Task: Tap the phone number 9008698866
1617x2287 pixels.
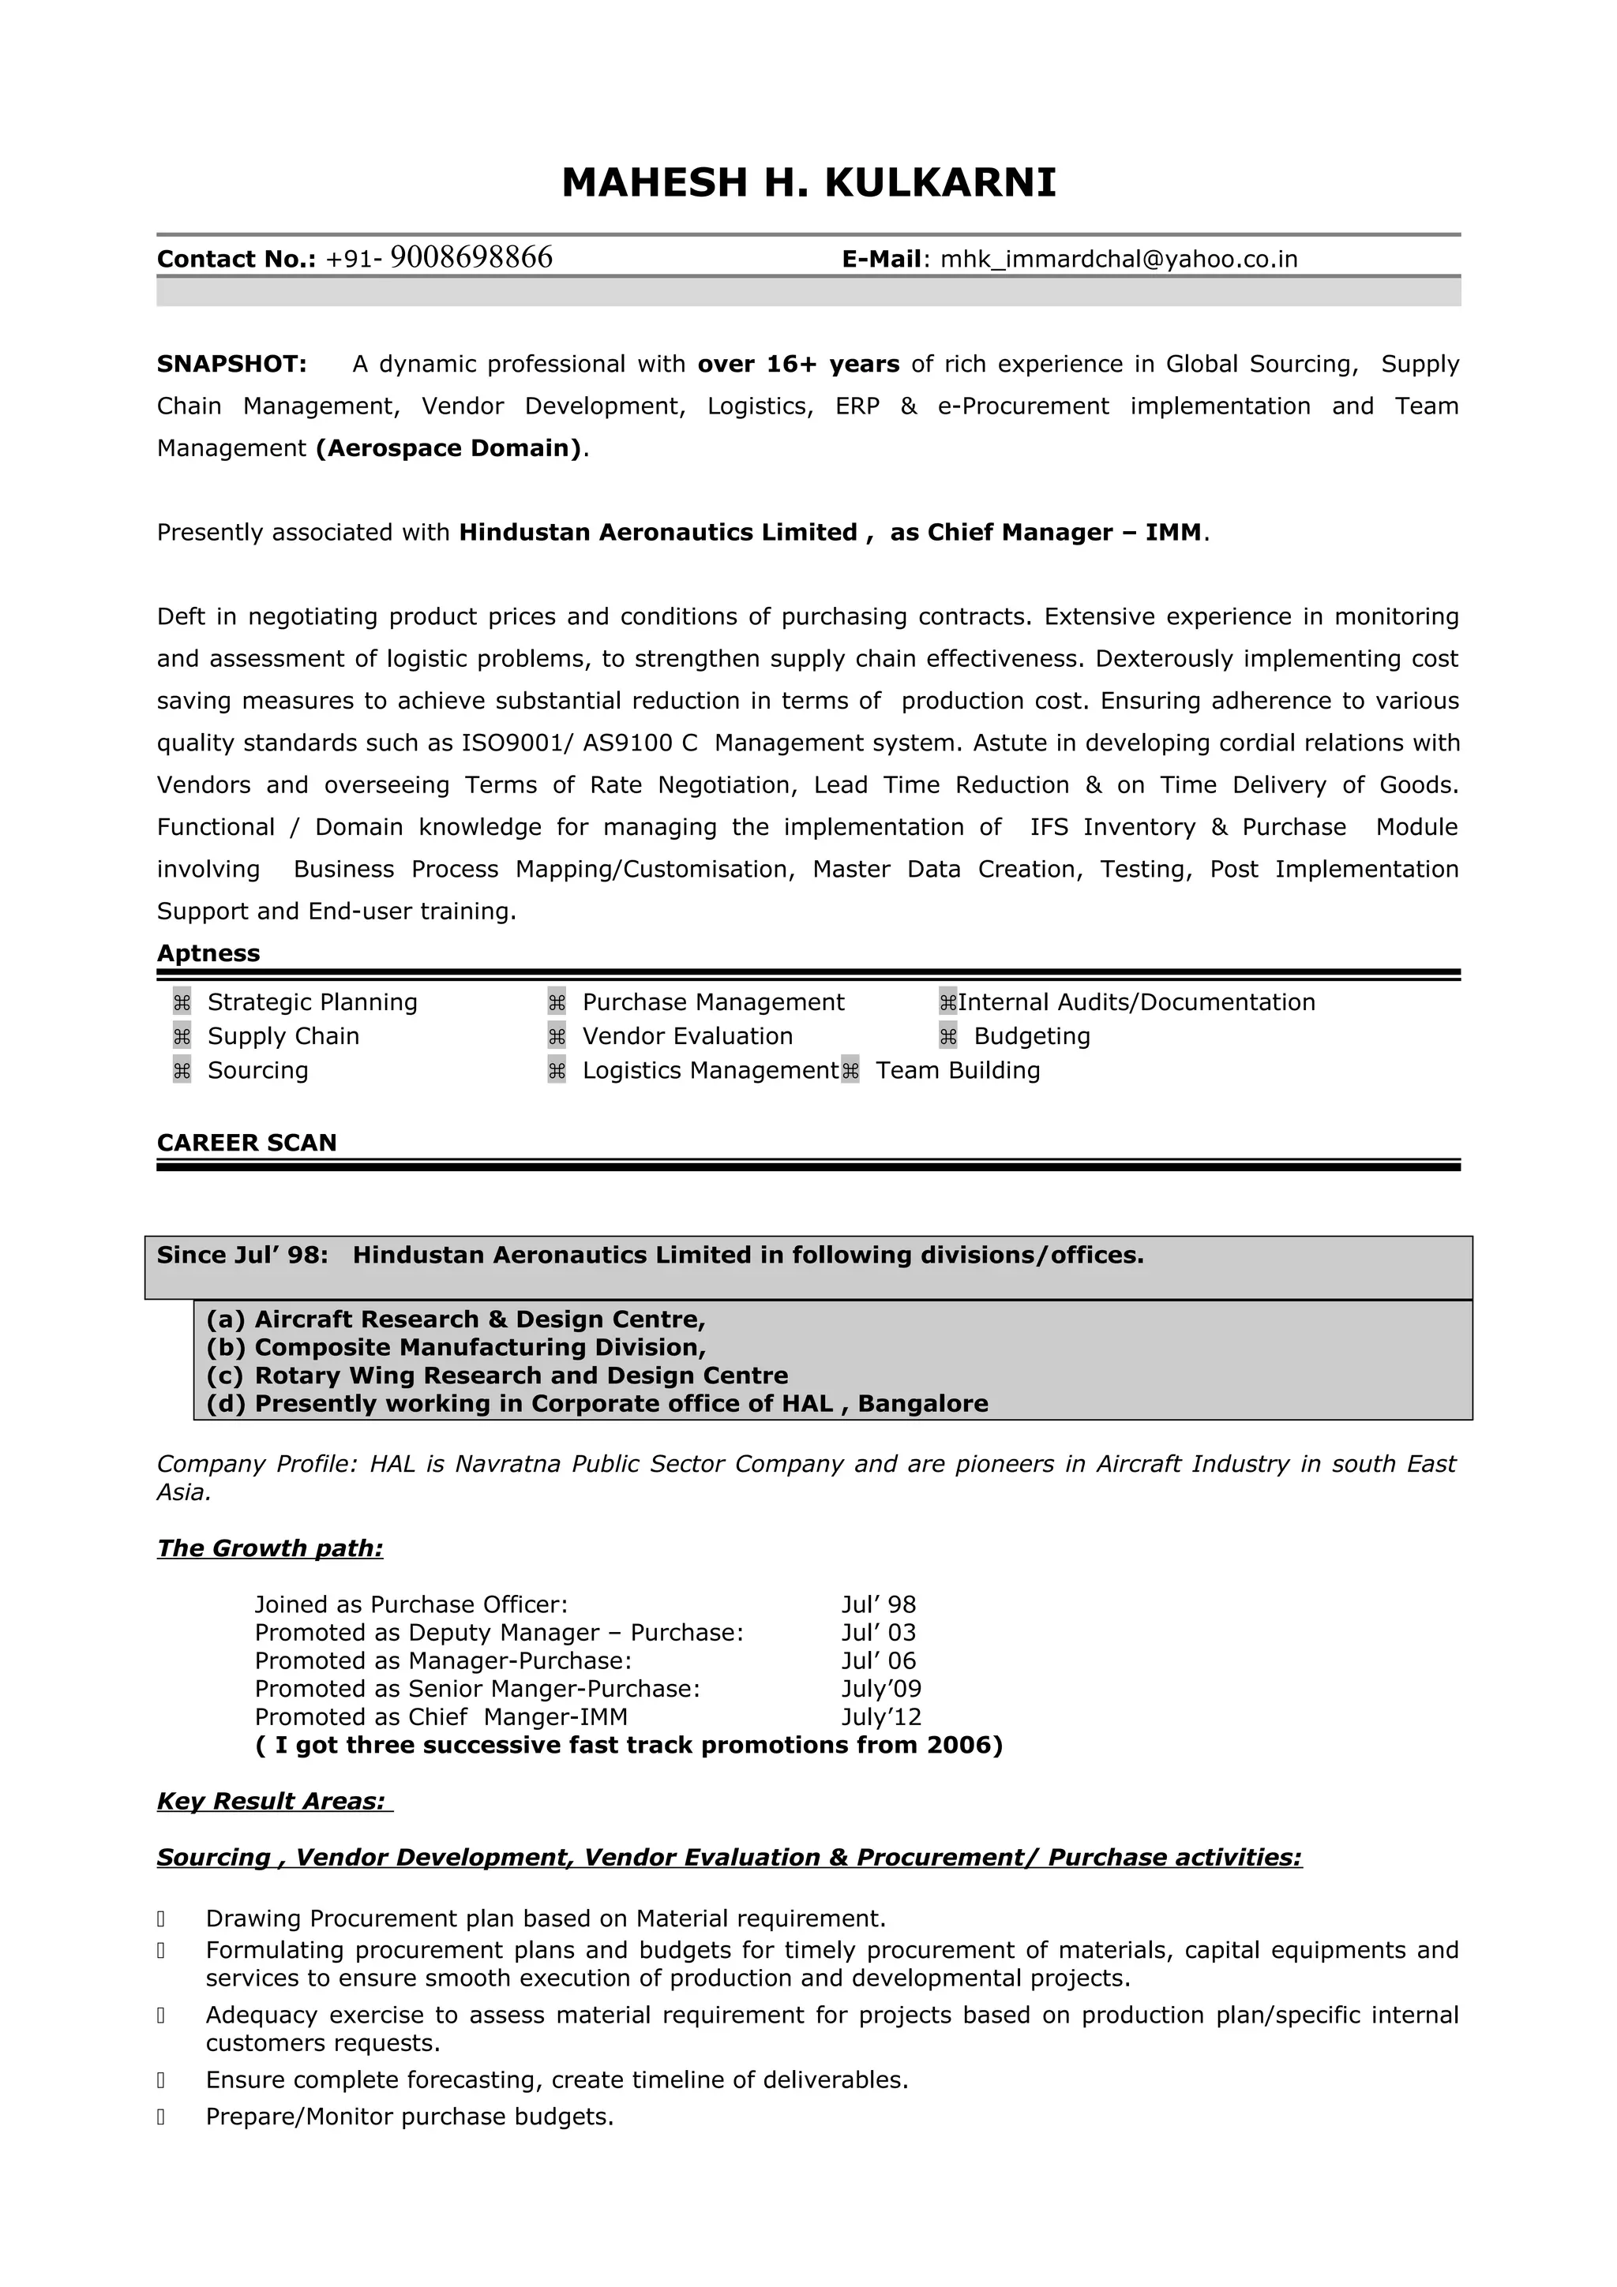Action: [471, 258]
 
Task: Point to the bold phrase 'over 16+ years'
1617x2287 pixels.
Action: [798, 365]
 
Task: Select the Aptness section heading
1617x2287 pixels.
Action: [208, 953]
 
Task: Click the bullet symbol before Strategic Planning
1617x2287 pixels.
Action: [182, 1002]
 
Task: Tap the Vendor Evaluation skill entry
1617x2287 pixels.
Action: [688, 1036]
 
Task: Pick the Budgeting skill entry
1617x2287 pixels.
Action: [1031, 1036]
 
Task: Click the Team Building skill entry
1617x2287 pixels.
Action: [958, 1070]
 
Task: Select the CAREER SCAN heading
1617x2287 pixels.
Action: [246, 1143]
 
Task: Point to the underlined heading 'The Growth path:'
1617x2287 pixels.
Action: [270, 1547]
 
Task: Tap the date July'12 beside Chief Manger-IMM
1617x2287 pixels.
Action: [880, 1716]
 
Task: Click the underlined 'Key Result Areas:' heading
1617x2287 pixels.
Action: [271, 1801]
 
